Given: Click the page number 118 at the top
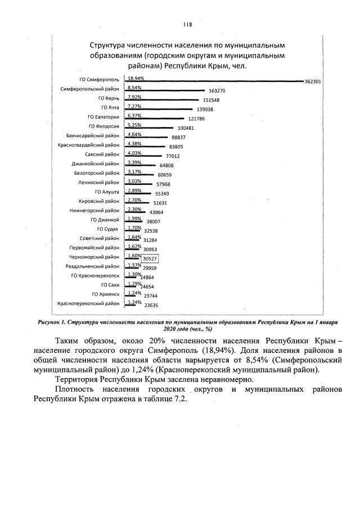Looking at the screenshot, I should point(188,24).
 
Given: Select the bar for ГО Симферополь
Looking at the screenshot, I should point(214,81).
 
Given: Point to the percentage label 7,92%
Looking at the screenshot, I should point(134,97).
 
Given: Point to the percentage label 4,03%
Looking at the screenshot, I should point(134,153).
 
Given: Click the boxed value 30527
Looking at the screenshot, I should point(150,258).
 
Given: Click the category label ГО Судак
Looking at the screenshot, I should point(108,229).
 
